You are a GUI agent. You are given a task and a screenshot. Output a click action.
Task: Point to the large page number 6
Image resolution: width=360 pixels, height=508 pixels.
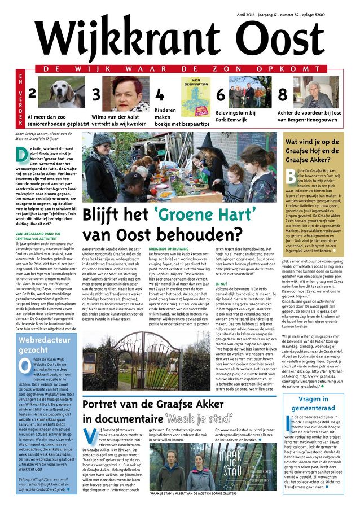pyautogui.click(x=220, y=96)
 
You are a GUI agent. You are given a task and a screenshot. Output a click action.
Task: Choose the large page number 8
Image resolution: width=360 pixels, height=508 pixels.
pyautogui.click(x=282, y=96)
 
